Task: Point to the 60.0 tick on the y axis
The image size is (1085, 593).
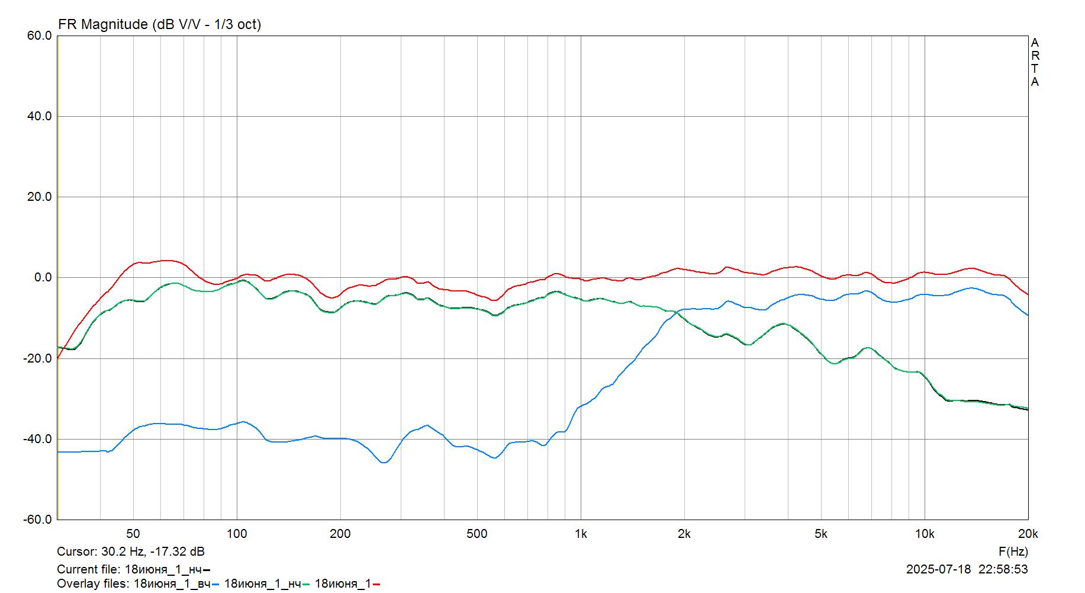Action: click(x=39, y=36)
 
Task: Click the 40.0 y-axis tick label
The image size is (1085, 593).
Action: click(x=39, y=117)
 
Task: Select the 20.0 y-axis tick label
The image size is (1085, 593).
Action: click(x=39, y=197)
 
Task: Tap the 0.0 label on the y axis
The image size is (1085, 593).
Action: click(x=43, y=278)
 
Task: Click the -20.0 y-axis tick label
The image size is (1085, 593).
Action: click(x=38, y=358)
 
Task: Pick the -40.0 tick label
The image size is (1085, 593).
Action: click(x=38, y=439)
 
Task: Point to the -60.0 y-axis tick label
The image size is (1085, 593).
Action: click(x=38, y=520)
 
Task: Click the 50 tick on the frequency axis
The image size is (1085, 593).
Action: click(x=133, y=534)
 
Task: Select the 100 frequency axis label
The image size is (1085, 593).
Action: click(x=237, y=534)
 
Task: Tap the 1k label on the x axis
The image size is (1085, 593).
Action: click(x=581, y=534)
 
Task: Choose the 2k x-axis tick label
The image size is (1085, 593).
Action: click(x=684, y=534)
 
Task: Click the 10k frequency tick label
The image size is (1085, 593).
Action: click(x=924, y=534)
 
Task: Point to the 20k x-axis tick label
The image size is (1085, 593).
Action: click(x=1028, y=534)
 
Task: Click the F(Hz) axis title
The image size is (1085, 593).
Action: click(x=1013, y=552)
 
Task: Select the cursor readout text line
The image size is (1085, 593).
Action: click(x=131, y=552)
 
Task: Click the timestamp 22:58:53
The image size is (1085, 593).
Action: click(x=1003, y=569)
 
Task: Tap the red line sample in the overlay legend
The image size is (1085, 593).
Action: click(x=376, y=585)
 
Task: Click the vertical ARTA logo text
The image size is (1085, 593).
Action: click(x=1035, y=62)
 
